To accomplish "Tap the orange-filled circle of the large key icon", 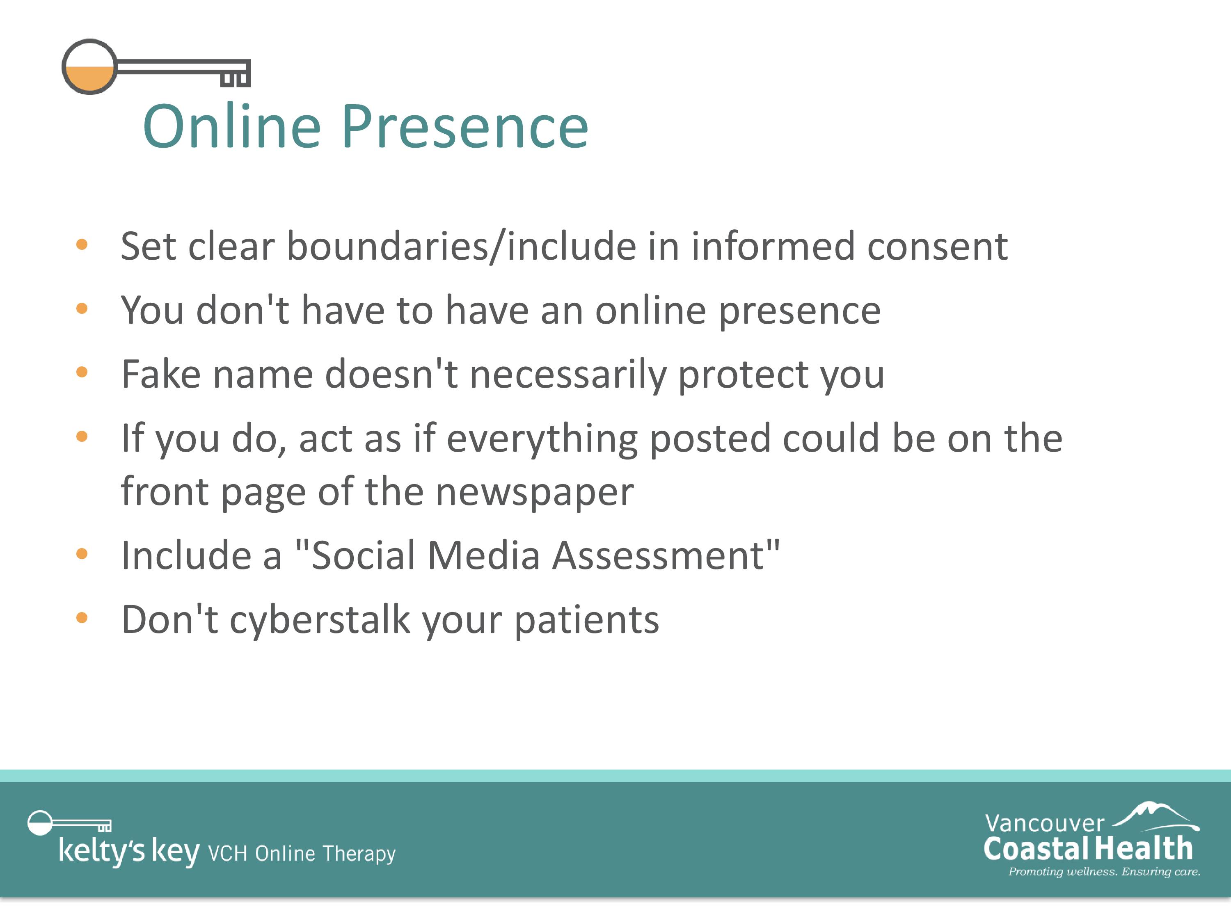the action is click(89, 67).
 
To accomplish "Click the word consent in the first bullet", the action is click(937, 247).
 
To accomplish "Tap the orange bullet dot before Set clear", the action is click(82, 245).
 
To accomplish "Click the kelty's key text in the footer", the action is click(129, 851).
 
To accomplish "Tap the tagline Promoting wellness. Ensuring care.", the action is click(1104, 872).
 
